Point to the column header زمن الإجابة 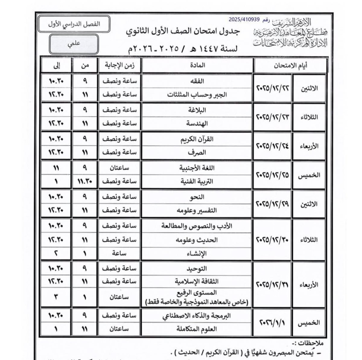(120, 65)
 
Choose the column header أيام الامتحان (290, 65)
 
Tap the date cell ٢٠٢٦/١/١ (272, 322)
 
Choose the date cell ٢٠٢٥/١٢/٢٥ (272, 175)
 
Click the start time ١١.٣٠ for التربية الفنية (85, 181)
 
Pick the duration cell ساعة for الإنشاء (120, 253)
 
